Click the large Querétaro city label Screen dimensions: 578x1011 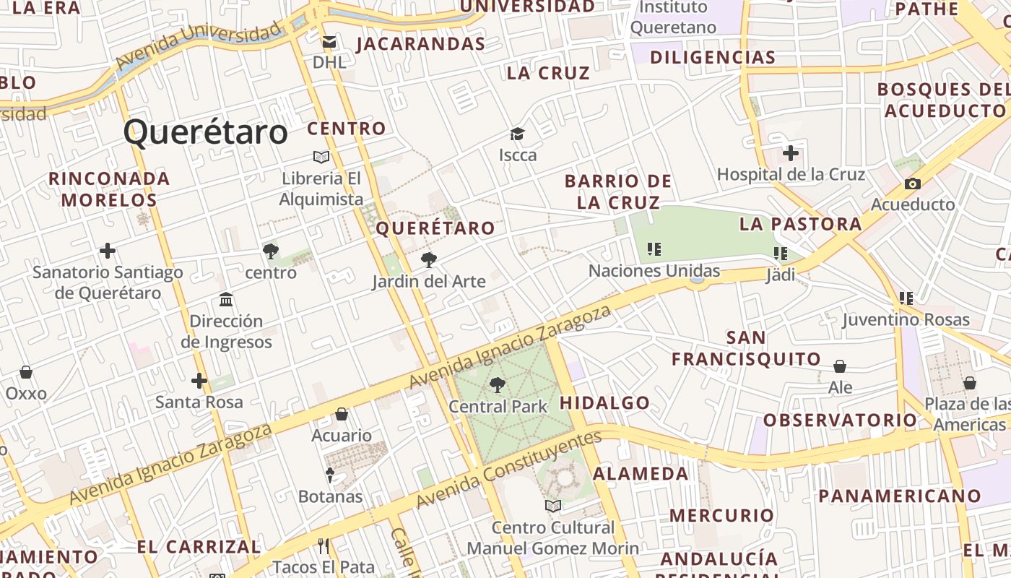tap(206, 132)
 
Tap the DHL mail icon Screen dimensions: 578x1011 tap(329, 43)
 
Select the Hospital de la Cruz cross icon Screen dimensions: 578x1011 tap(791, 153)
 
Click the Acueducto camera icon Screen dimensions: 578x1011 tap(913, 184)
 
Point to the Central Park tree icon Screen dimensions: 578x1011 tap(497, 385)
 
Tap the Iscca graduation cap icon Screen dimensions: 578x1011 tap(517, 134)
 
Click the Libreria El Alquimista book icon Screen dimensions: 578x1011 tap(321, 157)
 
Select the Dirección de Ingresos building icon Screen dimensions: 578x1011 tap(226, 299)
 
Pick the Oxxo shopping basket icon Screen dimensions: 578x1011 tap(26, 372)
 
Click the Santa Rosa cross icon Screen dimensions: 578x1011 tap(199, 380)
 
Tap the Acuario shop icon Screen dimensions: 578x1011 tap(342, 414)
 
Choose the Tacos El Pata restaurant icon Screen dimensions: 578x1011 tap(324, 545)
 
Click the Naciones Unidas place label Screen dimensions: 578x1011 tap(654, 271)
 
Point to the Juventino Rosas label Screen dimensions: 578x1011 tap(906, 319)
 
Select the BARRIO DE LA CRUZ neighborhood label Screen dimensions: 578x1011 tap(618, 191)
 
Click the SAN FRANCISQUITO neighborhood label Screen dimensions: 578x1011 tap(747, 348)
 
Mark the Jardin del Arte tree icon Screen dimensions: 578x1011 tap(429, 260)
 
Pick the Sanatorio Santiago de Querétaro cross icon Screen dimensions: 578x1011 tap(108, 251)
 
